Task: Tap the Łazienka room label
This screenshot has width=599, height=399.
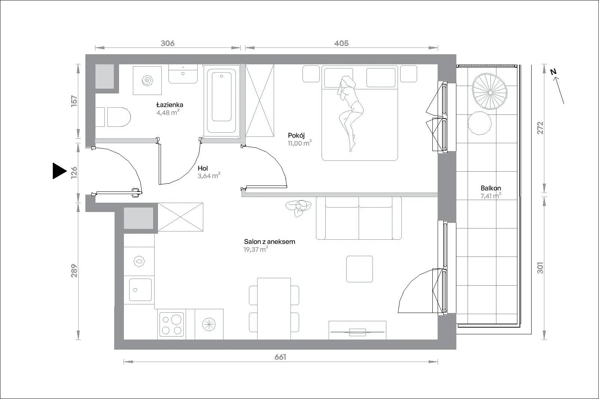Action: tap(170, 105)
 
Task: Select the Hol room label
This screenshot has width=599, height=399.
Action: tap(203, 168)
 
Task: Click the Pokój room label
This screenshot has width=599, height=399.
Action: tap(296, 135)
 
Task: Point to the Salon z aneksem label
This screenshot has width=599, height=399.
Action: tap(270, 242)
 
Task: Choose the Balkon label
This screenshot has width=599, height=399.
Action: tap(491, 188)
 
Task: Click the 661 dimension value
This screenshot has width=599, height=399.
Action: tap(280, 357)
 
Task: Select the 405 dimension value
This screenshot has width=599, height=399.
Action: tap(341, 43)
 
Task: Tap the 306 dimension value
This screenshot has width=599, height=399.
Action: tap(168, 43)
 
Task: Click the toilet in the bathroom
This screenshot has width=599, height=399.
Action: tap(113, 117)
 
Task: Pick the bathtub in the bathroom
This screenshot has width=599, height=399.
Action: tap(221, 101)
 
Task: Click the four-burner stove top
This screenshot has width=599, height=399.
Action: tap(171, 324)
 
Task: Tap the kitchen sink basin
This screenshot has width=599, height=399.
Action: tap(140, 290)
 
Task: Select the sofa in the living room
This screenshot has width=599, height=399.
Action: tap(359, 218)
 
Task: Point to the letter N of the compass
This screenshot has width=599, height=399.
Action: tap(553, 71)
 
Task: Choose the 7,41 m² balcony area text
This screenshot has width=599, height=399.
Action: tap(491, 196)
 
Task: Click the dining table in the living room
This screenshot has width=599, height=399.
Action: tap(274, 309)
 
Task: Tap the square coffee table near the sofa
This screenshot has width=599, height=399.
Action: tap(359, 269)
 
